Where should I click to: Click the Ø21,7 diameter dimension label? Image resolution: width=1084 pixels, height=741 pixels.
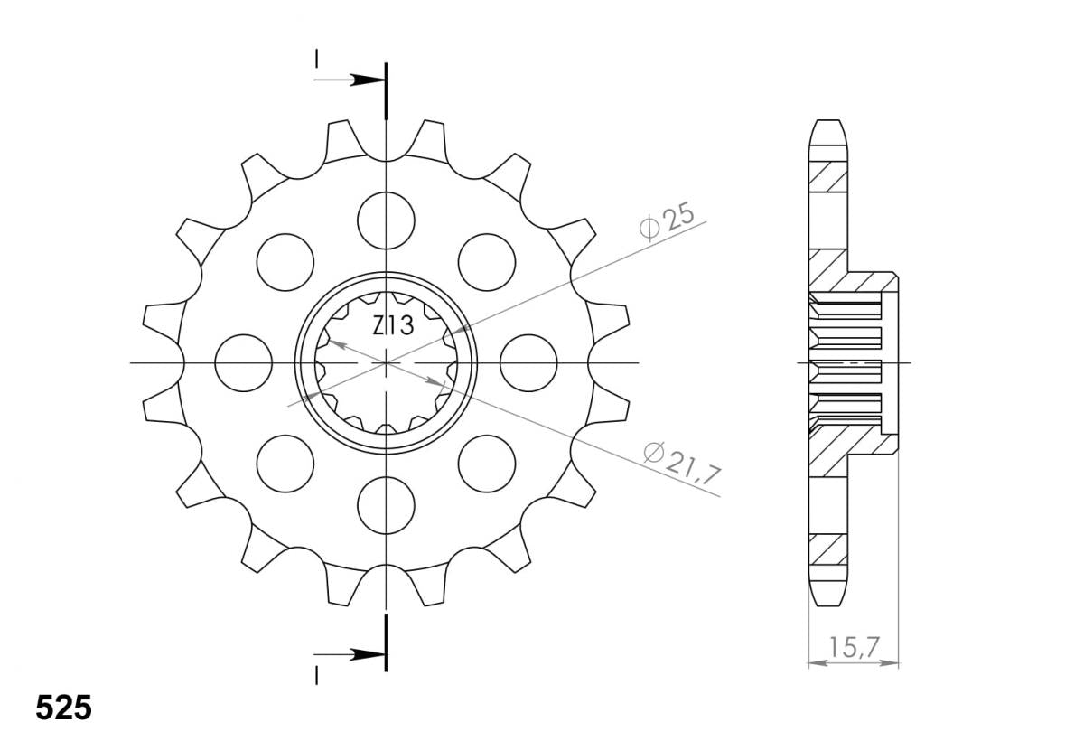(x=682, y=464)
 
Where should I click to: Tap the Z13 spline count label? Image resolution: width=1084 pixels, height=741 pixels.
(x=393, y=325)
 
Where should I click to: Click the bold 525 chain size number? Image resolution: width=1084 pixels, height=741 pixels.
(x=63, y=708)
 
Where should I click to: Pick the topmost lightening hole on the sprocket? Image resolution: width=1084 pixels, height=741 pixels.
(x=387, y=220)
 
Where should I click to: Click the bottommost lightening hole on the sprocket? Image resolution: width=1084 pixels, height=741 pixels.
(x=387, y=505)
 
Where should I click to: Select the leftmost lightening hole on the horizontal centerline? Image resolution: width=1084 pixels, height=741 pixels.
(x=243, y=363)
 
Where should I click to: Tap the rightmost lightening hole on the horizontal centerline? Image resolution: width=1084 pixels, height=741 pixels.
(x=528, y=363)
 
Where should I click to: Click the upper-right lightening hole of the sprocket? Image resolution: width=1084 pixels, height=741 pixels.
(x=487, y=262)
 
